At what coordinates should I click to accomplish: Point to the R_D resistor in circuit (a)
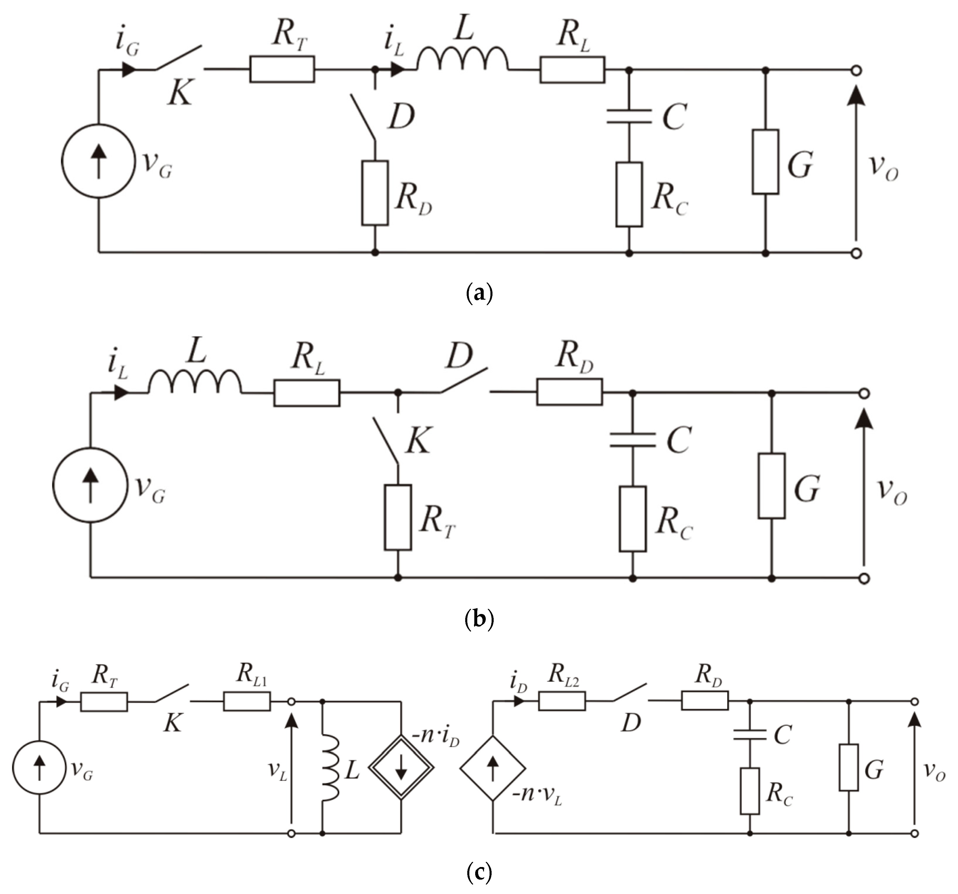coord(375,193)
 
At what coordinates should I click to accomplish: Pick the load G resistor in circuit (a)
coord(765,162)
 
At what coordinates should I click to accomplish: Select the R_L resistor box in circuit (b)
coord(306,393)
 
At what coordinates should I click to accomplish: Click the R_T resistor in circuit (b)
coord(398,517)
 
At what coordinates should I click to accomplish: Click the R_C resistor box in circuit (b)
coord(632,519)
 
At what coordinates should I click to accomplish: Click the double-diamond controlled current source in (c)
coord(401,768)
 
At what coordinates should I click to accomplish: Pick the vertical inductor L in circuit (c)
coord(331,768)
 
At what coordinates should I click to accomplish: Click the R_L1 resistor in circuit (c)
coord(247,702)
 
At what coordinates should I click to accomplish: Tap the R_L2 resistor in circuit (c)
coord(562,701)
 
